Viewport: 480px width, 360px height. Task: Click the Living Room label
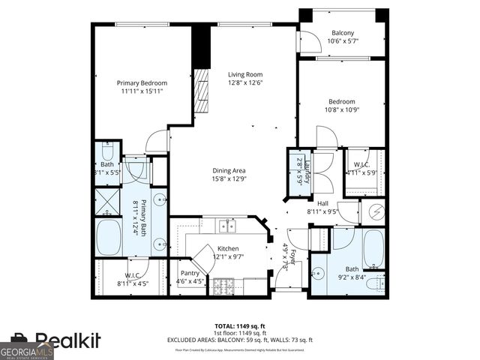[x=245, y=74]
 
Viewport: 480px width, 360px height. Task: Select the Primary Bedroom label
[x=141, y=82]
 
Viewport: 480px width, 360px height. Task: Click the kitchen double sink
[x=226, y=225]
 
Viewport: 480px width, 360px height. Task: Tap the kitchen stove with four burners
[x=223, y=286]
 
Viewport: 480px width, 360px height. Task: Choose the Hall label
[x=322, y=202]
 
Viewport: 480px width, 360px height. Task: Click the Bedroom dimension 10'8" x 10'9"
[x=341, y=110]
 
